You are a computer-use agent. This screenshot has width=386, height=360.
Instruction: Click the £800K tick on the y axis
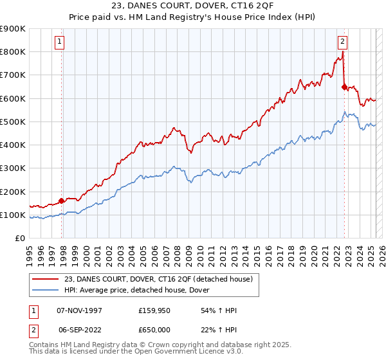coord(13,52)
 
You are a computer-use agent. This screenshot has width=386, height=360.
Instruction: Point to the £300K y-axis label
coord(13,168)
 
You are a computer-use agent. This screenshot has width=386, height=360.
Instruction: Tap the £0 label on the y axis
coord(19,239)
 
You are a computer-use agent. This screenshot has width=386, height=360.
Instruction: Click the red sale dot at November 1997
coord(62,201)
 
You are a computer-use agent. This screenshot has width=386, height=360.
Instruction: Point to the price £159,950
coord(154,310)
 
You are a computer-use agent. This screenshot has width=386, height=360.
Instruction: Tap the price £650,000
coord(154,328)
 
